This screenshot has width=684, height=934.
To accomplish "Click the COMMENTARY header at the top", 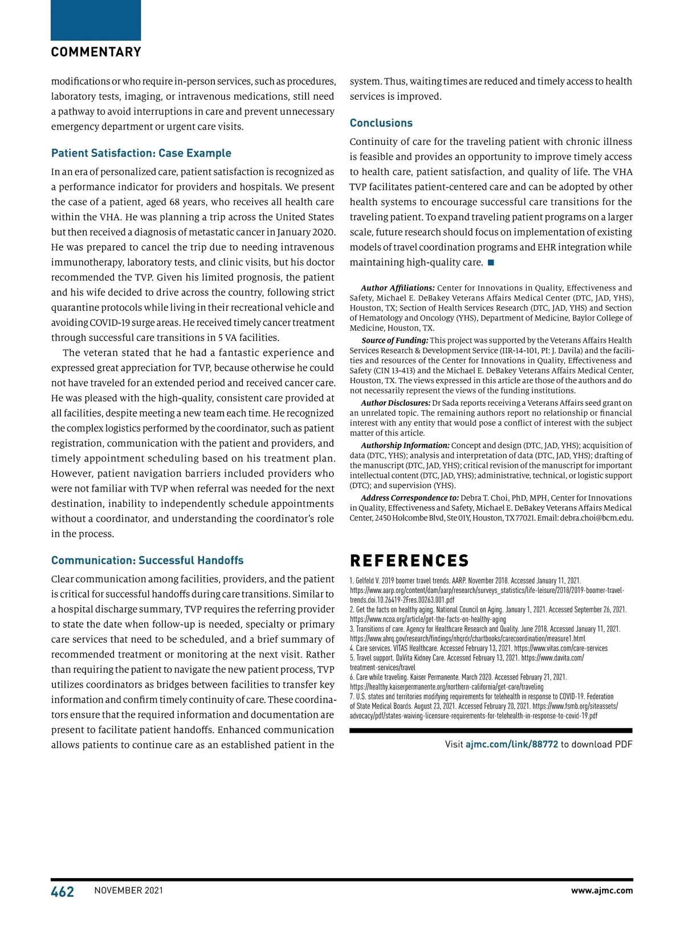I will coord(96,52).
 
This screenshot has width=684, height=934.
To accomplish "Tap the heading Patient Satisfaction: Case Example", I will coord(141,153).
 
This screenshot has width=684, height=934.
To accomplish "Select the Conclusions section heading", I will coord(381,123).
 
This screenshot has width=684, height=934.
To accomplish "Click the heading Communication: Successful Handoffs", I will coord(147,561).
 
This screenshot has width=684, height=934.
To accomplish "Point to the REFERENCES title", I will coord(409,561).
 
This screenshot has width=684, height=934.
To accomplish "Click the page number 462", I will coord(63,891).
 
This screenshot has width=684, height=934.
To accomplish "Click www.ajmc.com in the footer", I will coord(602,891).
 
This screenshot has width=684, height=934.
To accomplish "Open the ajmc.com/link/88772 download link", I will coord(512,744).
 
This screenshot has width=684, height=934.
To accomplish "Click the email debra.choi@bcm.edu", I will coord(597,518).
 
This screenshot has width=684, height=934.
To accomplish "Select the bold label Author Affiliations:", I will coord(397,288).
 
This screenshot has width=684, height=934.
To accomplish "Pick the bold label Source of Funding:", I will coord(395,340).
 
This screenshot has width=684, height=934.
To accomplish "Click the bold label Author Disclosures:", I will coord(396,403).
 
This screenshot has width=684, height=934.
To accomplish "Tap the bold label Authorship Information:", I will coord(405,445).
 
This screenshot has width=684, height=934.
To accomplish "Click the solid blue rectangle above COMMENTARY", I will coord(96,20).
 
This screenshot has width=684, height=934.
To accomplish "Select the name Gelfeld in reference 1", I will coord(365,580).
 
